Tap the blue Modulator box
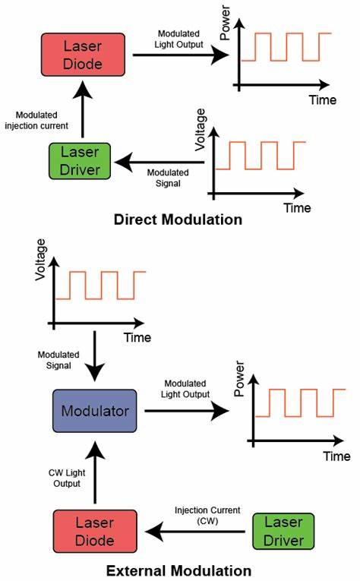[95, 411]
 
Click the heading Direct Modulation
[178, 220]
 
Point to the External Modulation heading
[178, 570]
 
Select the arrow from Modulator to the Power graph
[186, 411]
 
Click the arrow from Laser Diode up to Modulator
[95, 473]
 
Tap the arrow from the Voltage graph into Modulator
[95, 357]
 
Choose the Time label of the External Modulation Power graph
[336, 456]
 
